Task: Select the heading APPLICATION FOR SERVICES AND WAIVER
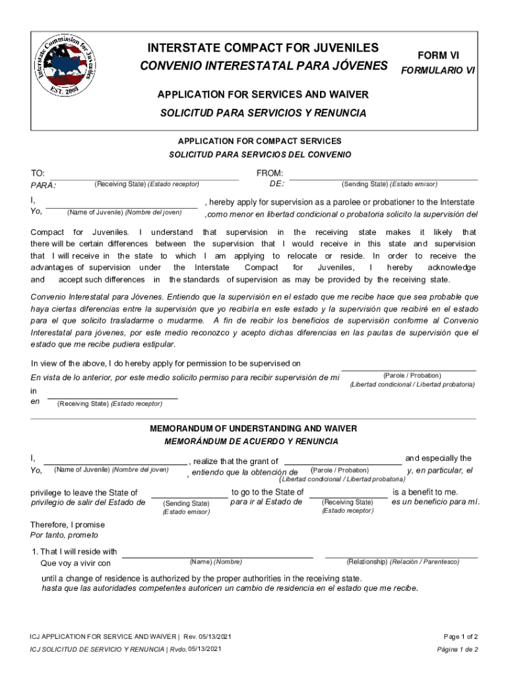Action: point(263,95)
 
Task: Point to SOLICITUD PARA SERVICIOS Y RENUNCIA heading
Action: point(263,113)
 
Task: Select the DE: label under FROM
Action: point(278,184)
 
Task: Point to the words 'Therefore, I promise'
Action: point(68,525)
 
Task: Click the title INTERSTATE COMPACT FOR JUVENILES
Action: point(263,48)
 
